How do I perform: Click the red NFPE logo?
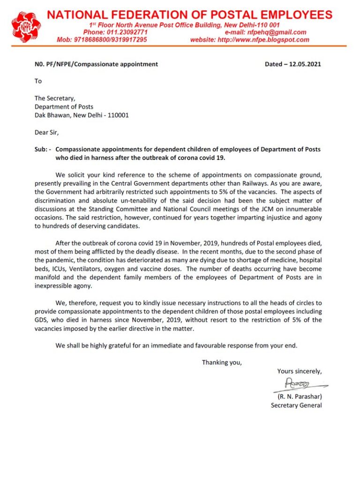pos(26,27)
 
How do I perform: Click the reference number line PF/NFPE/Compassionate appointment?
pos(96,64)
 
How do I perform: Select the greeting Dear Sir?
pos(47,132)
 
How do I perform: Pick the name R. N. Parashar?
pos(299,396)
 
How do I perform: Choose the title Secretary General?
pos(296,405)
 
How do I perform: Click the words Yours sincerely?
pos(300,371)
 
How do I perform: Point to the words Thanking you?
pos(222,362)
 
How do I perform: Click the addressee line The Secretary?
pos(55,98)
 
